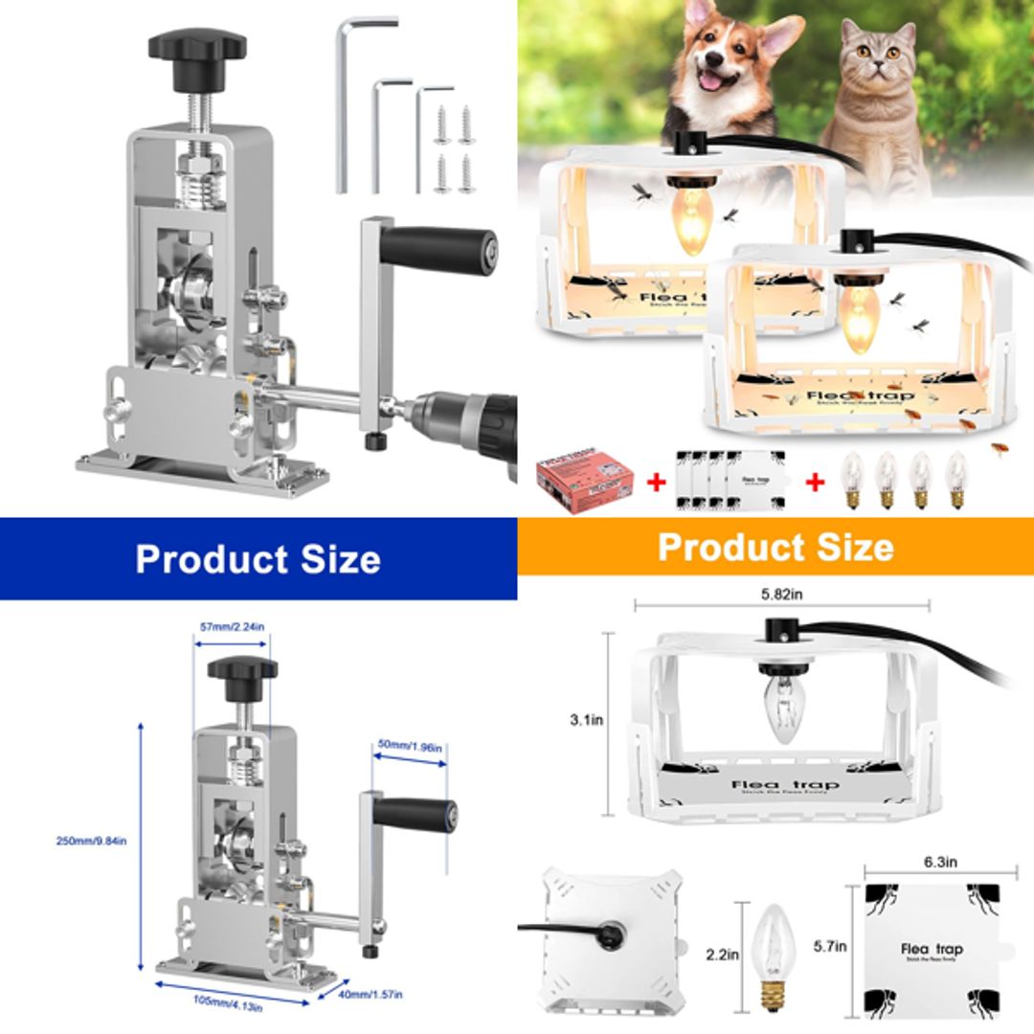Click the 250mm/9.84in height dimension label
pyautogui.click(x=91, y=842)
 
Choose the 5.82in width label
pyautogui.click(x=781, y=594)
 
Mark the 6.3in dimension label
pyautogui.click(x=940, y=862)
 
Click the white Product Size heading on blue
pyautogui.click(x=258, y=559)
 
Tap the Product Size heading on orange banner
pyautogui.click(x=775, y=548)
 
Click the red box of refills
pyautogui.click(x=585, y=484)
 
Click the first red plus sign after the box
pyautogui.click(x=656, y=483)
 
